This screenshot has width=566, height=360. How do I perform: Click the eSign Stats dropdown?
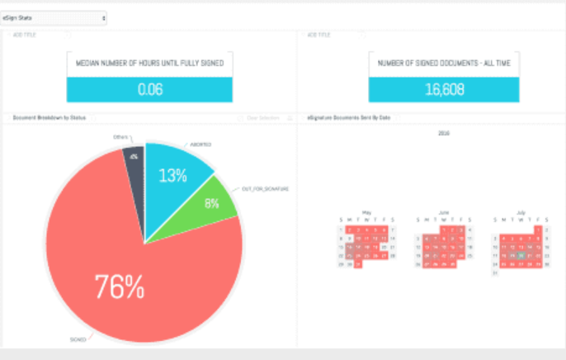point(54,17)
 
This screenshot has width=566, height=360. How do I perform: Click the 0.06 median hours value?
point(150,89)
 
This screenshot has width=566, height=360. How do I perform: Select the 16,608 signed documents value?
point(444,89)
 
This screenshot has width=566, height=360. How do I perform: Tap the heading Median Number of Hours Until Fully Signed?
point(150,63)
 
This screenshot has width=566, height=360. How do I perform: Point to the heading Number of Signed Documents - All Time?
point(444,63)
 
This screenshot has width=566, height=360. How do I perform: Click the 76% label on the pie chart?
point(120,287)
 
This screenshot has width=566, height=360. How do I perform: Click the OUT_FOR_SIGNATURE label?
point(266,189)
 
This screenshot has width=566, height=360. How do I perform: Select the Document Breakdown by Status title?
point(50,118)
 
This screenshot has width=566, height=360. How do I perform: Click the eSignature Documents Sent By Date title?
point(351,118)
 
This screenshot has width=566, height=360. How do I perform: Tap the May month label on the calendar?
point(366,212)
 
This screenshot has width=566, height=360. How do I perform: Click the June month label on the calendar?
point(445,212)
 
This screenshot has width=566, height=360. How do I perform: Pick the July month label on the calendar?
point(521,212)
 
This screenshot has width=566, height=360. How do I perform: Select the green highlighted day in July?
point(521,255)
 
